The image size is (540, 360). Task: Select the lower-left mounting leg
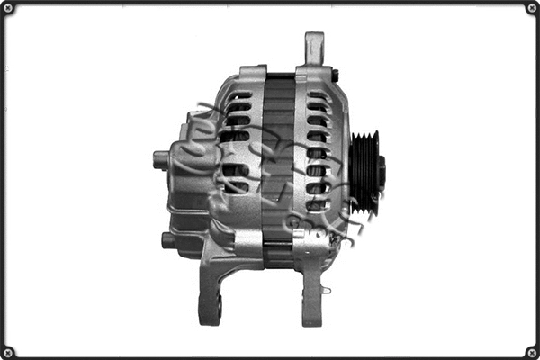(212, 288)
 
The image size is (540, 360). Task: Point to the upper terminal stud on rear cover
(161, 160)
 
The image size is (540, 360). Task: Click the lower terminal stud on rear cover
(168, 240)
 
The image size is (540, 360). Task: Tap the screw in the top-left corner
(7, 8)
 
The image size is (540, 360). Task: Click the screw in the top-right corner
(532, 8)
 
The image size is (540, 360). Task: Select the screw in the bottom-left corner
(7, 352)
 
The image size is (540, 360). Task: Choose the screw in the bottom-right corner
(532, 352)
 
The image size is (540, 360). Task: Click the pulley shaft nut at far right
(382, 172)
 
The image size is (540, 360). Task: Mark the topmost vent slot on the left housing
(239, 94)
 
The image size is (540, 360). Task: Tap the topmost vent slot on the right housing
(317, 94)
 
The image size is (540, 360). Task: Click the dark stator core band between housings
(279, 171)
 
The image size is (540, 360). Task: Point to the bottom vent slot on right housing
(317, 205)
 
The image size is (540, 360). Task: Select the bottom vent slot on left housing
(236, 187)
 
